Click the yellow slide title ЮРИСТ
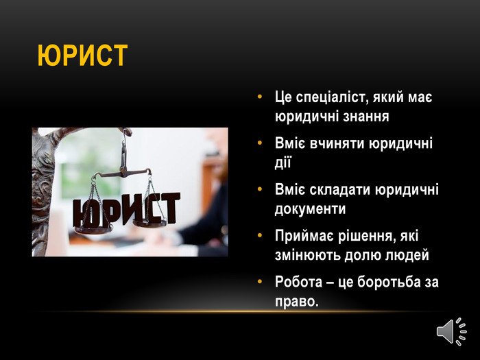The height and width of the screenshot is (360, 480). point(82,56)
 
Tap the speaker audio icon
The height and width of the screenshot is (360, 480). point(451,331)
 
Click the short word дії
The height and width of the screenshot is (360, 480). point(283,163)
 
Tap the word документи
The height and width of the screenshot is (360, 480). point(310,208)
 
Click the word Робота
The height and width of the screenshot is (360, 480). point(298,282)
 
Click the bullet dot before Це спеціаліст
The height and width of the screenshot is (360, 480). point(260,97)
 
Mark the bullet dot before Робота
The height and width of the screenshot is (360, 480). point(260,281)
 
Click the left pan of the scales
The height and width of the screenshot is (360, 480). point(93,230)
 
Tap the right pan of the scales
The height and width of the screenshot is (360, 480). point(149,223)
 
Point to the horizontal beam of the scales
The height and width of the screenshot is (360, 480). point(123,173)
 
